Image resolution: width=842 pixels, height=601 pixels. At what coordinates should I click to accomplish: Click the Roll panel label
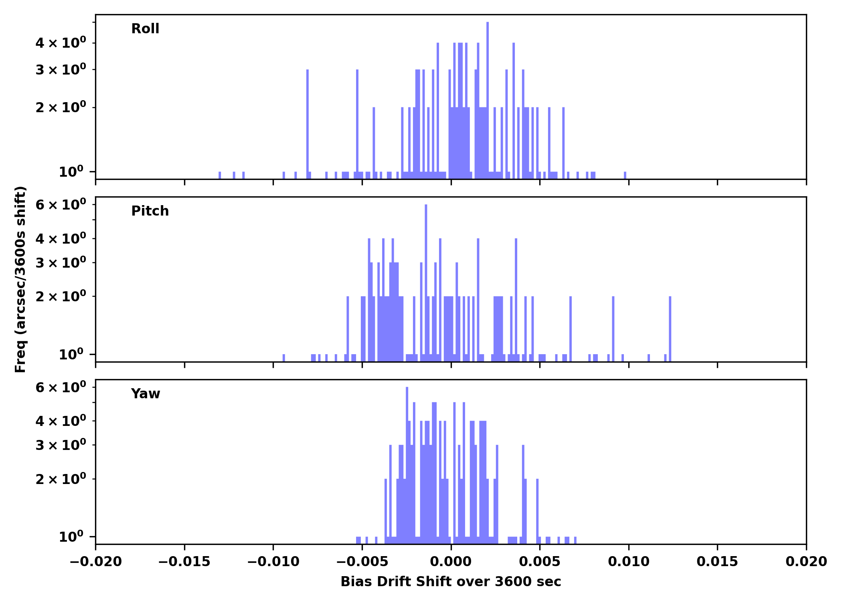[x=145, y=29]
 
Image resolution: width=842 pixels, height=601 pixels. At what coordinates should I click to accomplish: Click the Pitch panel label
[x=150, y=211]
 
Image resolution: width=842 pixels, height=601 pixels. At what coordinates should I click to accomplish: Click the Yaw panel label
[x=145, y=394]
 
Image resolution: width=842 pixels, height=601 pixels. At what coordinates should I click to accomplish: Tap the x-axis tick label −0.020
[x=95, y=562]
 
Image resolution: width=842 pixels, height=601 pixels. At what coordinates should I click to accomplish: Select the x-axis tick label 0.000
[x=451, y=562]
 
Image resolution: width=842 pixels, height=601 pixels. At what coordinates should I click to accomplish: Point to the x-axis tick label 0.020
[x=806, y=562]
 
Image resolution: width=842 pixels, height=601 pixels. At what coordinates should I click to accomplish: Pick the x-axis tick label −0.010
[x=273, y=562]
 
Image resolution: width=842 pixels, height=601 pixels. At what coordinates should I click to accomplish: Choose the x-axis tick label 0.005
[x=540, y=562]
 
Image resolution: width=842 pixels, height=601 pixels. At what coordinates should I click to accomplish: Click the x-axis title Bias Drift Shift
[x=451, y=582]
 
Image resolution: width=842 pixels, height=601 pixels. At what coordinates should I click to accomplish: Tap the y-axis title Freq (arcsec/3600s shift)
[x=20, y=279]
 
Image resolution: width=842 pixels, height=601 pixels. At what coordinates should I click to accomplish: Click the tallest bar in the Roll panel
[x=488, y=100]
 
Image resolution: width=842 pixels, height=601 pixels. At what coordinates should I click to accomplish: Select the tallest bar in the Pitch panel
[x=426, y=280]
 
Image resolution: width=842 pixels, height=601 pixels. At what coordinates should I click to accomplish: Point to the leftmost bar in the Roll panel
[x=220, y=175]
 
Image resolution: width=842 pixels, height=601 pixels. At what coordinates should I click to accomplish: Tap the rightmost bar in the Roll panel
[x=625, y=175]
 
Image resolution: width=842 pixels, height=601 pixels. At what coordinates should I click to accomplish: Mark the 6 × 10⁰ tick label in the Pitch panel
[x=61, y=205]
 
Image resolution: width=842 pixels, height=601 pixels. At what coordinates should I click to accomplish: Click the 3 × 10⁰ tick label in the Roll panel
[x=61, y=70]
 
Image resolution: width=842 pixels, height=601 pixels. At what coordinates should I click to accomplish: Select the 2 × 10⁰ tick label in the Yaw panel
[x=61, y=479]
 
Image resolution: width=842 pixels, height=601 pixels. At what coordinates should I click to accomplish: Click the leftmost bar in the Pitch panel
[x=284, y=357]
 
